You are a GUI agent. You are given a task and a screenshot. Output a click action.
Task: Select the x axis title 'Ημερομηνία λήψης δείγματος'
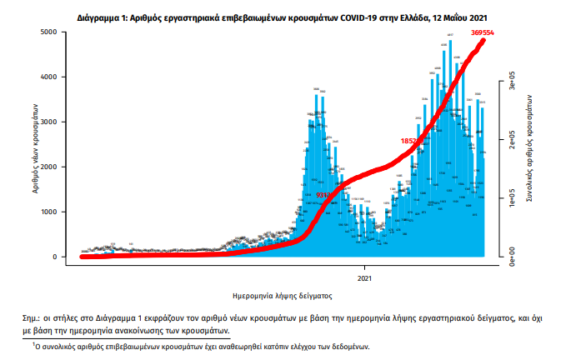[283, 295]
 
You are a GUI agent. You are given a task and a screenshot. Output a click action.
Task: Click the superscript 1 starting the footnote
[35, 343]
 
